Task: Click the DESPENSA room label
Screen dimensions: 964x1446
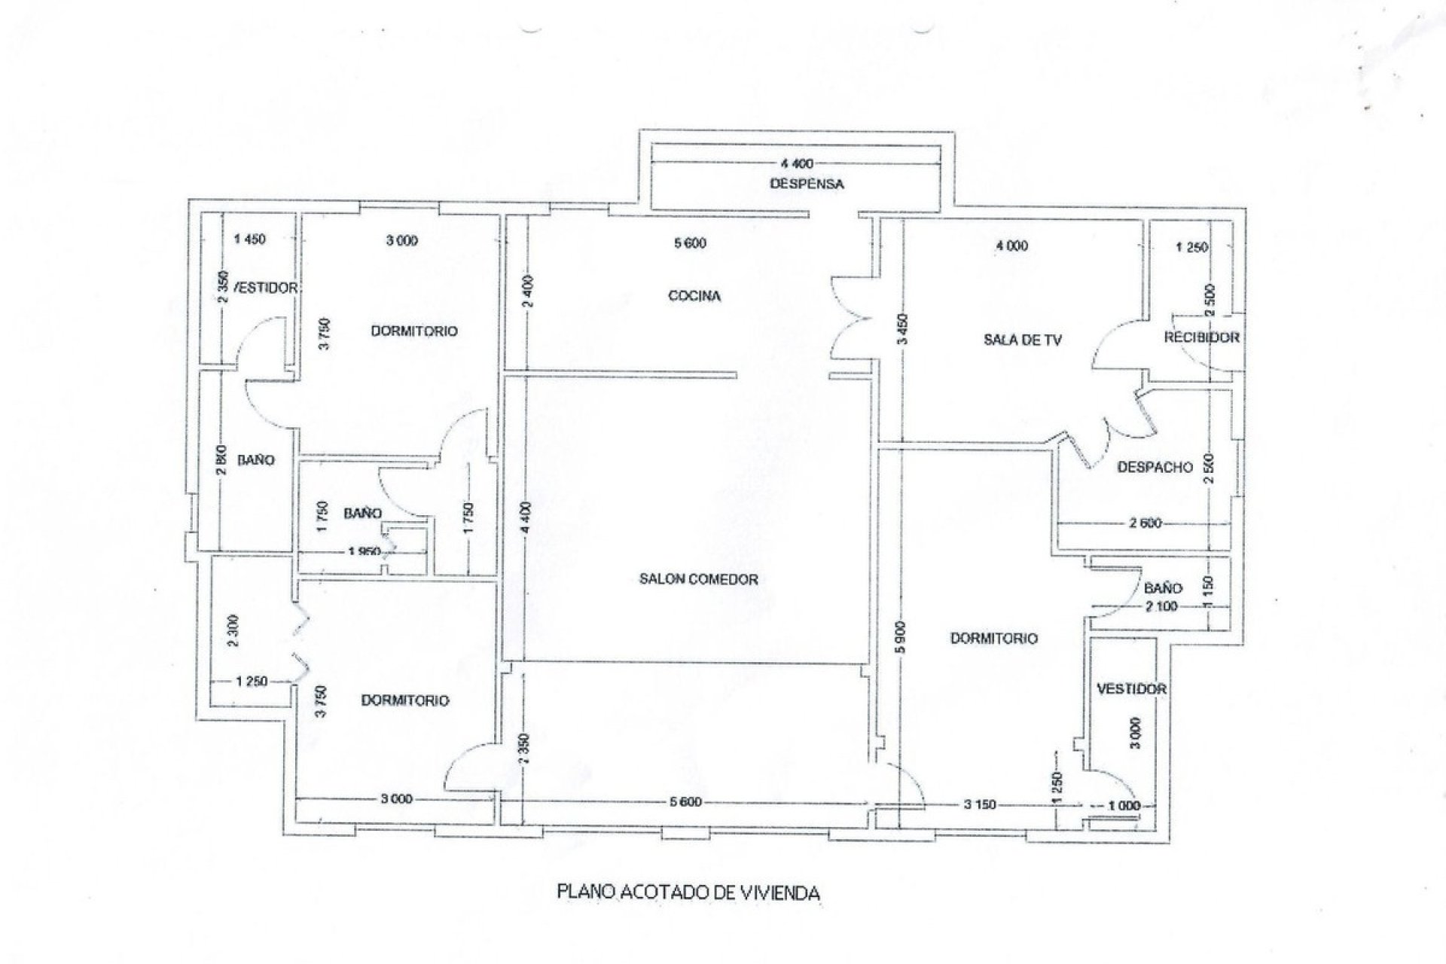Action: coord(807,184)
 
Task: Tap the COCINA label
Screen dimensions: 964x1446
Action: coord(694,296)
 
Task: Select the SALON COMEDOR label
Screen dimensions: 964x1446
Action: coord(698,579)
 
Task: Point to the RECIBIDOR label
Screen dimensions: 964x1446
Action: coord(1201,337)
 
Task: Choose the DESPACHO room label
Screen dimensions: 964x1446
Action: coord(1155,467)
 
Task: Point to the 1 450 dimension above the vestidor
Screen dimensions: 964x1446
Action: coord(250,239)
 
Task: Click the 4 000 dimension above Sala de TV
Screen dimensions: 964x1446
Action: coord(1011,246)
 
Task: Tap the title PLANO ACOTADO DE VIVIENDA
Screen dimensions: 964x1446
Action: coord(688,893)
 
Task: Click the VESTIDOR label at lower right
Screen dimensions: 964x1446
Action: coord(1131,688)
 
